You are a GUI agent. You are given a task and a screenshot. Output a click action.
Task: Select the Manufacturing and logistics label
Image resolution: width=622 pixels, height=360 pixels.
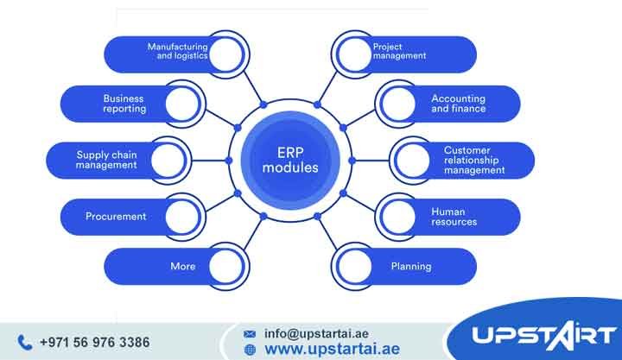click(176, 51)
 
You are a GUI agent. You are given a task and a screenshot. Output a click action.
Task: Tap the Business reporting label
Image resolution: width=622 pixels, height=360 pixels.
click(124, 104)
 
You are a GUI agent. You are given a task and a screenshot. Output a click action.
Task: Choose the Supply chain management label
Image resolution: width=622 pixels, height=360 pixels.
click(107, 160)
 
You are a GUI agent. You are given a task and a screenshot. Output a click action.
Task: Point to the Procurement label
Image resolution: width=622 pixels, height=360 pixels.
click(116, 216)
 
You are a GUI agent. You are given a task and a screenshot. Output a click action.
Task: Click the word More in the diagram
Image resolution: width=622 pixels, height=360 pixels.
click(182, 266)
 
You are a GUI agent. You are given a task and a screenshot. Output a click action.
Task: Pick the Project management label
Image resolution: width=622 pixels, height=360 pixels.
click(399, 51)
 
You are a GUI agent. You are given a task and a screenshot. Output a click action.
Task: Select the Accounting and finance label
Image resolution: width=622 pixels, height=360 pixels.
click(458, 104)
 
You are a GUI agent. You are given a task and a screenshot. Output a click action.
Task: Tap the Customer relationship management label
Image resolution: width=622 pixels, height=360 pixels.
click(474, 160)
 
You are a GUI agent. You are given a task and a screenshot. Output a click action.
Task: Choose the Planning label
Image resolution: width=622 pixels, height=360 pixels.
click(411, 266)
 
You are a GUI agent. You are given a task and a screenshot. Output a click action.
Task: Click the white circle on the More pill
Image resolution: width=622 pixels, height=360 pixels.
click(219, 266)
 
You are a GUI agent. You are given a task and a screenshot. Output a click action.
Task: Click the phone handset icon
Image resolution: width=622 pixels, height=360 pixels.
click(24, 342)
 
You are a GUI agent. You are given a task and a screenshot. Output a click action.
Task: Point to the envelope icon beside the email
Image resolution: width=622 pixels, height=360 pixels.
click(250, 332)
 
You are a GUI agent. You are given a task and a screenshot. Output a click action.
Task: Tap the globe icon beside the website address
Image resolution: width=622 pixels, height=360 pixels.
click(251, 350)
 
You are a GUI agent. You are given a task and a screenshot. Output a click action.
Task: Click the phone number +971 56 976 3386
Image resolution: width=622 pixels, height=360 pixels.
click(94, 342)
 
